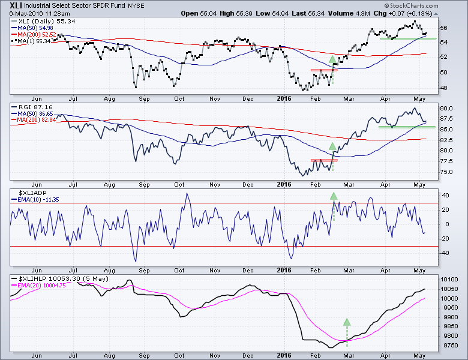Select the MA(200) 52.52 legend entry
pos(34,34)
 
